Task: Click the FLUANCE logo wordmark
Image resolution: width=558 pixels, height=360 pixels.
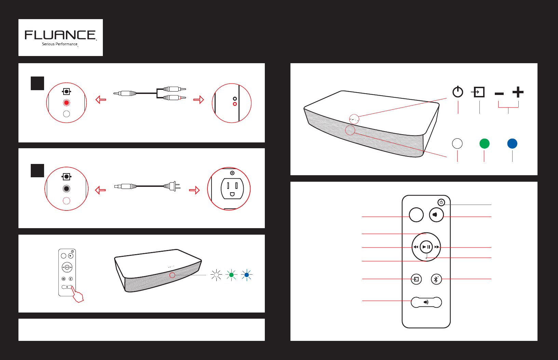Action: pos(60,35)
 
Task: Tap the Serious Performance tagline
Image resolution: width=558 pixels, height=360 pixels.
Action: pos(60,44)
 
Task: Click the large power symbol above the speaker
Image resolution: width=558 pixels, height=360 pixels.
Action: pos(458,92)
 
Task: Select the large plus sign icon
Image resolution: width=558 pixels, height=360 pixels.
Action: pos(518,92)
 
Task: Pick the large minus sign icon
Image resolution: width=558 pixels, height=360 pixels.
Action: pos(499,94)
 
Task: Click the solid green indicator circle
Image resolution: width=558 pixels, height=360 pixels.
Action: pos(485,144)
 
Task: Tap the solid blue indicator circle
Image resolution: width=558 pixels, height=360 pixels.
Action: pos(512,144)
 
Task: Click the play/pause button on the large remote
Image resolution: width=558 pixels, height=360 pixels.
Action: pos(426,247)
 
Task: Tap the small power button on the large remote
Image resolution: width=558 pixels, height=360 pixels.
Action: pos(441,203)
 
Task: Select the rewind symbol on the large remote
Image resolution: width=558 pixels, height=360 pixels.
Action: pos(416,247)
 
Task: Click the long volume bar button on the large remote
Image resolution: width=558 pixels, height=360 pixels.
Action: pos(426,302)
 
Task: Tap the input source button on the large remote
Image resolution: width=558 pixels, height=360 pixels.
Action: pos(416,279)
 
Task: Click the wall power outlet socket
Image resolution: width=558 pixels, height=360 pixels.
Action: pos(232,189)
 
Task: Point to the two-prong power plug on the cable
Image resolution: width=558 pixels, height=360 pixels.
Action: pos(172,186)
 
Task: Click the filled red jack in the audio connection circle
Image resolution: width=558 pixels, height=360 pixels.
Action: pos(66,102)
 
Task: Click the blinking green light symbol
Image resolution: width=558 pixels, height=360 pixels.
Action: pos(231,275)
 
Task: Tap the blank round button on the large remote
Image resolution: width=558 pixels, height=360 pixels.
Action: pos(416,214)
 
